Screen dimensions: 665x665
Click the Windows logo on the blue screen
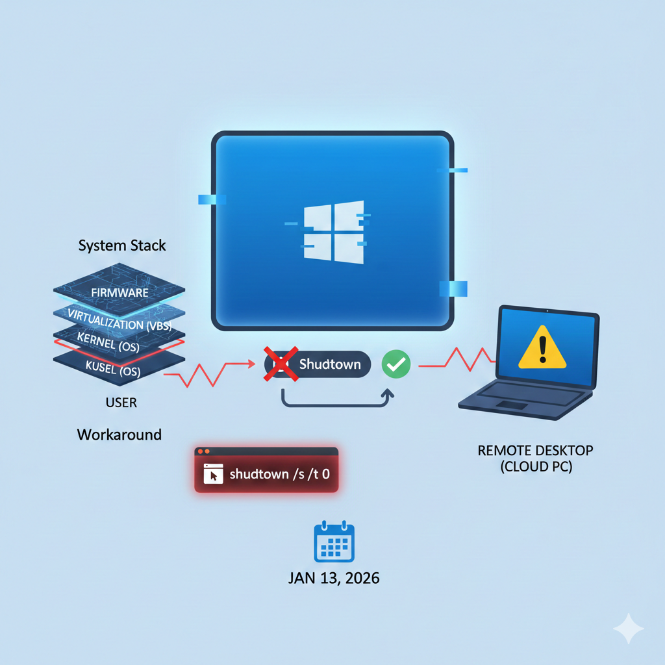(334, 232)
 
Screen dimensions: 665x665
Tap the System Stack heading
(122, 245)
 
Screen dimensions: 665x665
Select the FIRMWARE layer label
(119, 293)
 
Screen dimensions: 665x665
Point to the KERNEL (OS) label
(108, 342)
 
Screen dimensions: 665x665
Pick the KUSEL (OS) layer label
(113, 369)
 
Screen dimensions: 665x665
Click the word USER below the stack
(121, 403)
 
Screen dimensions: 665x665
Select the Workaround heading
(119, 434)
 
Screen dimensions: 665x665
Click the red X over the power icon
(281, 364)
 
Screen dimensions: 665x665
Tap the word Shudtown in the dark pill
(330, 364)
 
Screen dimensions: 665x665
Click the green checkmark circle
(396, 364)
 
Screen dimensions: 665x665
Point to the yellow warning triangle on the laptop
(542, 348)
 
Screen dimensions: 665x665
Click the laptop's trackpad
(512, 405)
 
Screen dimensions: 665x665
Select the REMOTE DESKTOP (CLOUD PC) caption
(536, 458)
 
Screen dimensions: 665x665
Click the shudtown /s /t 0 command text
(279, 473)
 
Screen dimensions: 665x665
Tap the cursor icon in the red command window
(213, 473)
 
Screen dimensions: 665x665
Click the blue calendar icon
(334, 541)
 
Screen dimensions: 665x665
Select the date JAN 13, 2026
(334, 578)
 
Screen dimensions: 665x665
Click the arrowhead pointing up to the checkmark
(387, 394)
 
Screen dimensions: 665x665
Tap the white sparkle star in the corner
(629, 629)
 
